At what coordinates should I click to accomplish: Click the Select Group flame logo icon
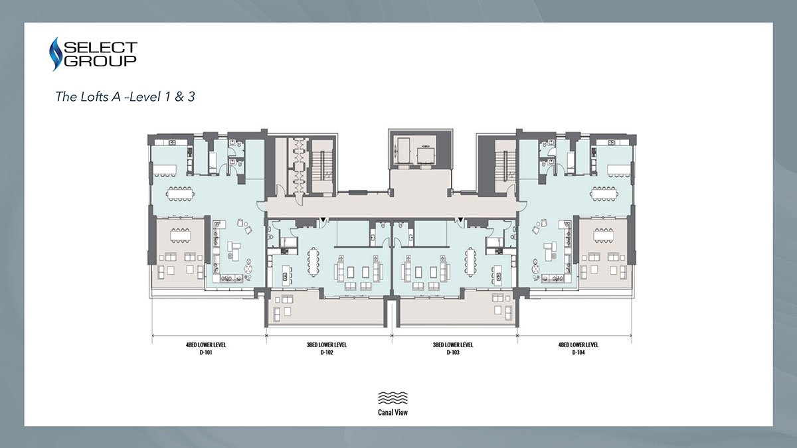54,54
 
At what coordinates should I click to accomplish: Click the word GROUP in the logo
101,61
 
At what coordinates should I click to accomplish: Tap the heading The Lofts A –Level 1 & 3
126,97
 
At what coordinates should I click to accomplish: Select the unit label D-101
206,352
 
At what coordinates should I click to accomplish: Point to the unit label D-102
327,352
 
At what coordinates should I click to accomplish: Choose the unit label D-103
453,352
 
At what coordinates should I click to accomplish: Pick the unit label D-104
578,352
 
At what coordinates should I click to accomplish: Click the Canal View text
393,412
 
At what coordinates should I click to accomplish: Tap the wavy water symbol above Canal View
393,398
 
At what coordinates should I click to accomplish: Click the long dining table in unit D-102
313,261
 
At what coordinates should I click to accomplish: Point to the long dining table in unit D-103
471,261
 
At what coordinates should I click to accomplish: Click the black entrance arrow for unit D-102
323,220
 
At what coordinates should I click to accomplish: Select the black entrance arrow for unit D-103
460,220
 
